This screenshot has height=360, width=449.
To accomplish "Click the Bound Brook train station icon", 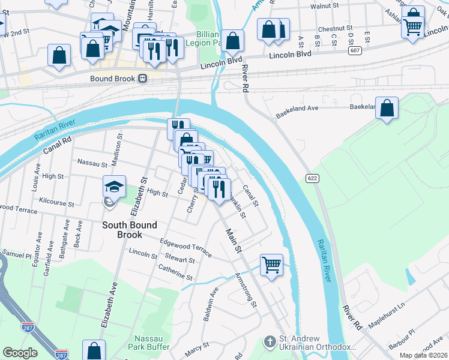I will coord(143,79).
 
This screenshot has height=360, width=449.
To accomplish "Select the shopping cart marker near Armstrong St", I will coord(272,264).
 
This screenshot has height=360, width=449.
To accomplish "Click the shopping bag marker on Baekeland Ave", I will coord(387,108).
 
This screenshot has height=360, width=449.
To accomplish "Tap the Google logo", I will coord(20,353).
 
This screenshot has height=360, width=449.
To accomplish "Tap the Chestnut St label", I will coord(335,28).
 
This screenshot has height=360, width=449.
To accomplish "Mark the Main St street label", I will coord(233,239).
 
